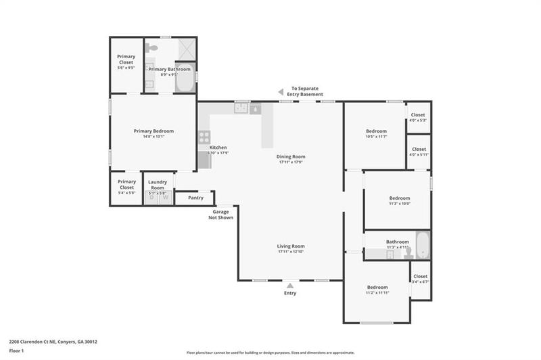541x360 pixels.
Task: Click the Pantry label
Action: [x=195, y=198]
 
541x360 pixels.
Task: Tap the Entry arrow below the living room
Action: [x=290, y=286]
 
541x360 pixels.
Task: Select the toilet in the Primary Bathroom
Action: [x=154, y=49]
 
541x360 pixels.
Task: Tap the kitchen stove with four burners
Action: [x=204, y=137]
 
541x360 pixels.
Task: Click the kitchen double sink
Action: [x=241, y=108]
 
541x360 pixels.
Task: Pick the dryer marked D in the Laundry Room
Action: [x=152, y=198]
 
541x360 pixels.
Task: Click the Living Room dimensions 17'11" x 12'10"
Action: [x=291, y=252]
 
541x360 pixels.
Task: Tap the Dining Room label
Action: [x=291, y=156]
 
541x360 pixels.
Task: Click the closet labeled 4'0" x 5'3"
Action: [x=419, y=118]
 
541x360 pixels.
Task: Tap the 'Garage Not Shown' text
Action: [x=221, y=215]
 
